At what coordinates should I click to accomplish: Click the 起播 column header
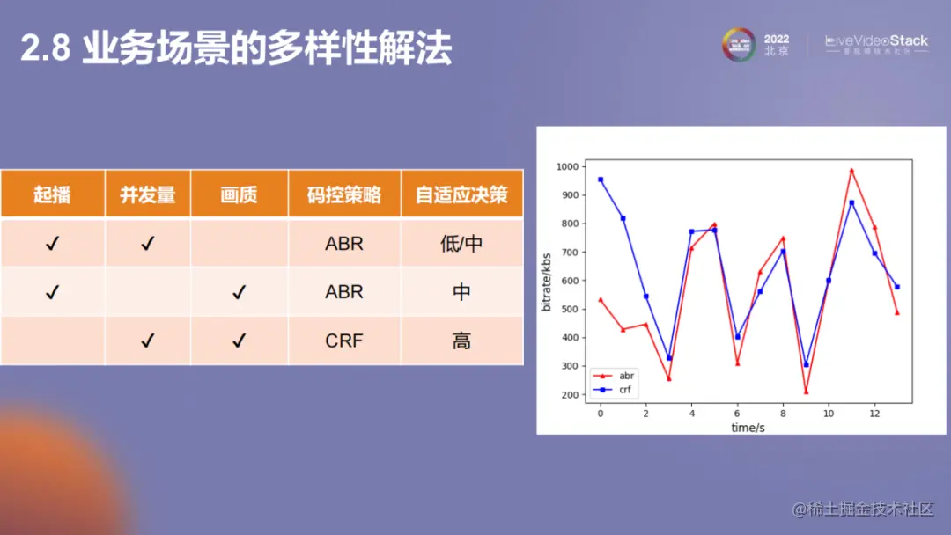(x=52, y=194)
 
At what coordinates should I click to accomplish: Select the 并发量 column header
(x=147, y=194)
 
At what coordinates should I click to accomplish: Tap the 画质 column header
(x=239, y=194)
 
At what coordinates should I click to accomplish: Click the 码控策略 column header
(x=344, y=194)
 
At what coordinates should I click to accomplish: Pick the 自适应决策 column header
(x=461, y=194)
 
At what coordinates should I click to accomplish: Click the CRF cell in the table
(x=344, y=341)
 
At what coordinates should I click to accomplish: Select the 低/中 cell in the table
(x=461, y=244)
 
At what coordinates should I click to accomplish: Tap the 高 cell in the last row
(x=461, y=341)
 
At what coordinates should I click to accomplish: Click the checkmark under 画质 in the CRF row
(x=239, y=341)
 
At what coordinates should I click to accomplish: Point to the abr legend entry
(x=626, y=375)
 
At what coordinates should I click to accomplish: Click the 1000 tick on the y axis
(x=567, y=166)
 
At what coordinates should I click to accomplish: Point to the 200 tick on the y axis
(x=570, y=395)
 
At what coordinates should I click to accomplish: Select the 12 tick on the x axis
(x=874, y=414)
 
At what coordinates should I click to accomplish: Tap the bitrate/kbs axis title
(x=547, y=281)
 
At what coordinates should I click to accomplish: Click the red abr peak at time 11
(x=851, y=170)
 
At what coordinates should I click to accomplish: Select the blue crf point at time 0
(x=601, y=180)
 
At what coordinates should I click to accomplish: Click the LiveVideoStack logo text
(x=876, y=40)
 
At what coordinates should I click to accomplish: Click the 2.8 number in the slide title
(x=44, y=50)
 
